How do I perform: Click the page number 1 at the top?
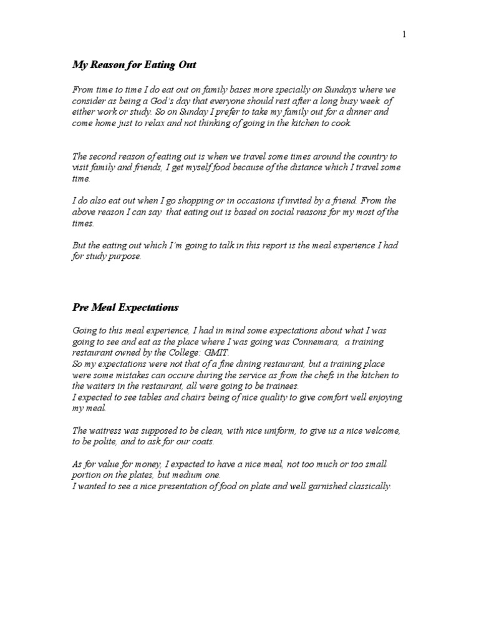pyautogui.click(x=404, y=35)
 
